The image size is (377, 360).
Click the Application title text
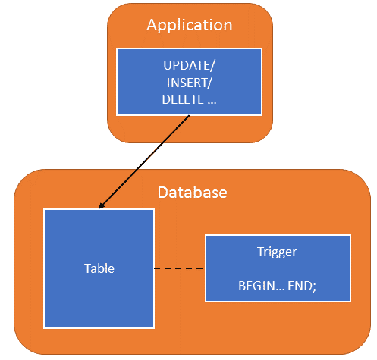click(x=189, y=25)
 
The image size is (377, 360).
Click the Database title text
click(x=192, y=192)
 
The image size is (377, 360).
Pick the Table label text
click(x=99, y=268)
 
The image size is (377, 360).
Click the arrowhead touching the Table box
click(x=103, y=205)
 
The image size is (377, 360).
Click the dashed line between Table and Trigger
click(x=179, y=268)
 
